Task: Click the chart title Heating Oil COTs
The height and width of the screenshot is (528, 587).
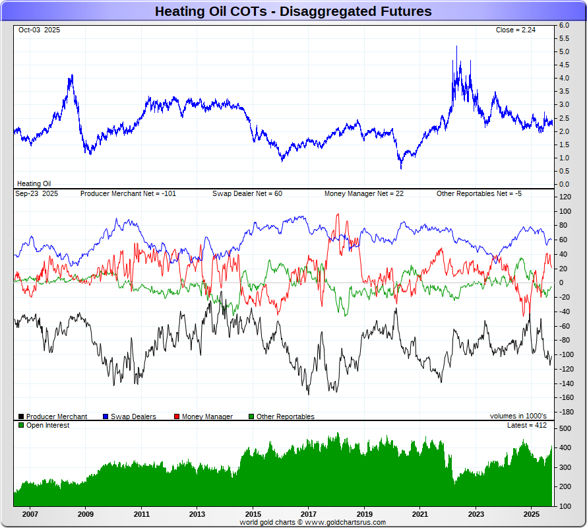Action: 293,11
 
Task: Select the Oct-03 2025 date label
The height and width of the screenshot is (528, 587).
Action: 39,30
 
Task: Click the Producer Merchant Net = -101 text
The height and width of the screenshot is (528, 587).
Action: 128,194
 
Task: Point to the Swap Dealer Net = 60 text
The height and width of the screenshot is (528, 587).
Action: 247,194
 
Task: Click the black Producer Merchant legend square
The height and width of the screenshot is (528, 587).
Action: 22,416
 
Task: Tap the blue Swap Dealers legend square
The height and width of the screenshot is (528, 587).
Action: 106,416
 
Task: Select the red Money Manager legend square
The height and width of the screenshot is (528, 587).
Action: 177,416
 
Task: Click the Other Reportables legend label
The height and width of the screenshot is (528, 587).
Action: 286,416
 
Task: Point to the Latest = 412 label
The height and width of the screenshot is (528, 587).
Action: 526,426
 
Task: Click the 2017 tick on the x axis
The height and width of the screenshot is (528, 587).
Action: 309,513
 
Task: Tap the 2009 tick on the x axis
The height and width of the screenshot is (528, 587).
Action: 85,513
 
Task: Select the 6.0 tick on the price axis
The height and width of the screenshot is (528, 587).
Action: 564,25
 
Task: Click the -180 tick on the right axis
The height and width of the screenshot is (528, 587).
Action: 566,412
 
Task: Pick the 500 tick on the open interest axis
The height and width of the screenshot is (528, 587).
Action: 565,429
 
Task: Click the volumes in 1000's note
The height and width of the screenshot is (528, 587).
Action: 518,416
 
